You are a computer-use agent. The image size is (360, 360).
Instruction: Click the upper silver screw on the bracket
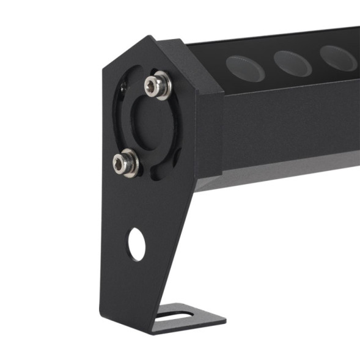(157, 85)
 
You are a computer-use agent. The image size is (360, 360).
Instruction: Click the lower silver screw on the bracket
(125, 162)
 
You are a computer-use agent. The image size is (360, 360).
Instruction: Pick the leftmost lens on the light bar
(245, 66)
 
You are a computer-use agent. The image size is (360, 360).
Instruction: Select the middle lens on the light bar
(293, 60)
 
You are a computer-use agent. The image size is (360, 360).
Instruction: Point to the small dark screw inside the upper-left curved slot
(125, 89)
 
